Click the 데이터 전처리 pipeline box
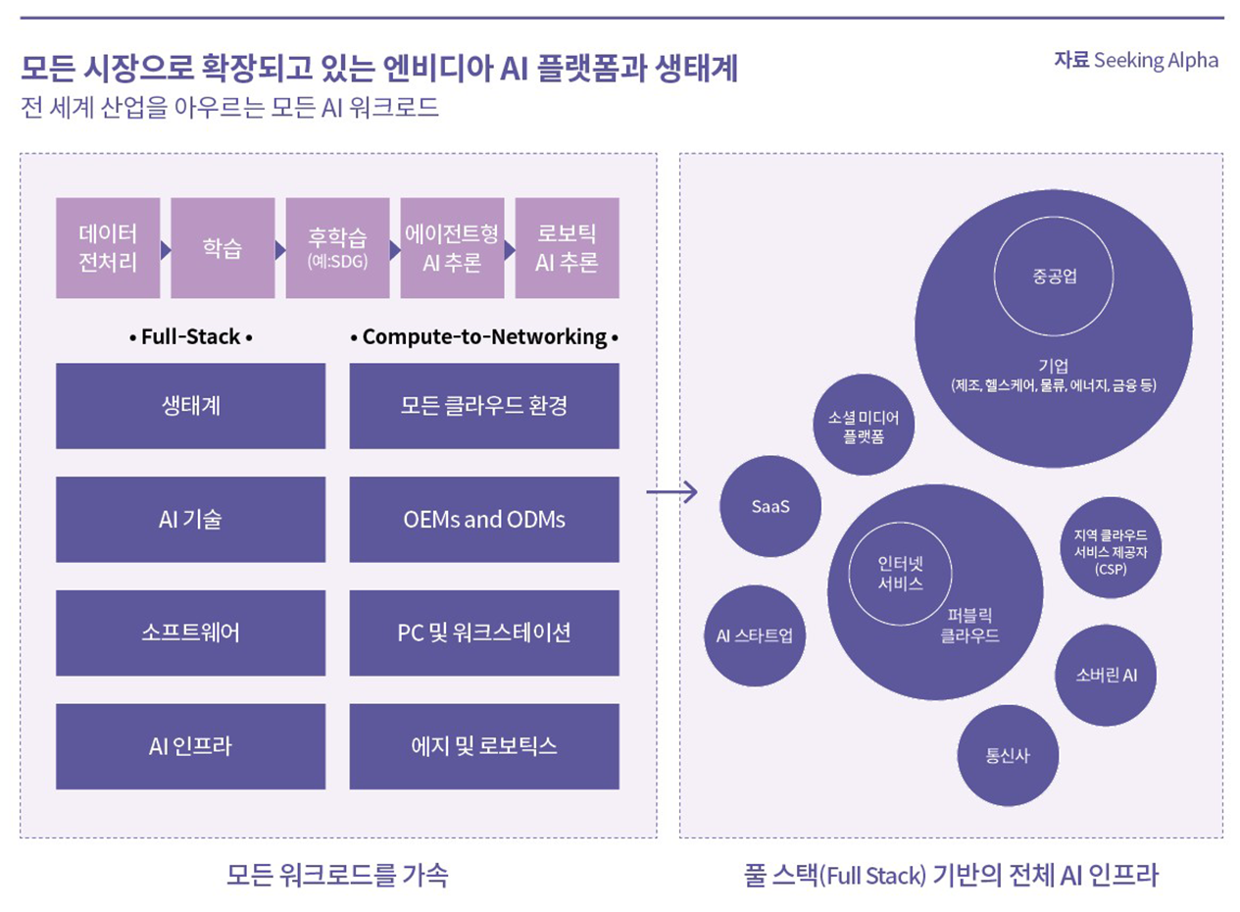[108, 248]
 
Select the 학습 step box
[223, 248]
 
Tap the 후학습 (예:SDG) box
[337, 248]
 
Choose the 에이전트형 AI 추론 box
[452, 248]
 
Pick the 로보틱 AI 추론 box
[567, 248]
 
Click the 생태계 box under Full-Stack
[190, 406]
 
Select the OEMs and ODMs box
[484, 520]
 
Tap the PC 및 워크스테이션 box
[484, 633]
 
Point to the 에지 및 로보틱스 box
[484, 746]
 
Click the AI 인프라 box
[190, 746]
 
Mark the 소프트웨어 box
[190, 633]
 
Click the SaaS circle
[770, 507]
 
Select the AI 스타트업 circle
[755, 635]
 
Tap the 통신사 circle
[1008, 756]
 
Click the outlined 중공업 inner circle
[1055, 276]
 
